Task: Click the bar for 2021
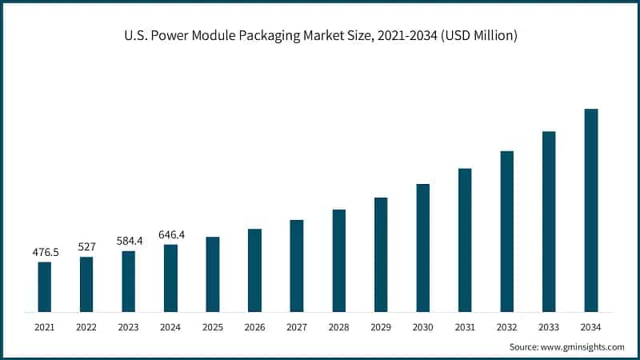tap(45, 286)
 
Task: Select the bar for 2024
tap(170, 278)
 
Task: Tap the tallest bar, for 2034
tap(590, 210)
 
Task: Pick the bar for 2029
tap(381, 254)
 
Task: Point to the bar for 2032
tap(506, 231)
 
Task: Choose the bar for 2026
tap(254, 270)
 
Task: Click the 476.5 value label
tap(45, 252)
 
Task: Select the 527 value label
tap(86, 247)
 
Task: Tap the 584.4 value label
tap(128, 241)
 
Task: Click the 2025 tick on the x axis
tap(212, 326)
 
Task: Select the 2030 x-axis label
tap(422, 326)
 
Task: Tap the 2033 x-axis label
tap(549, 326)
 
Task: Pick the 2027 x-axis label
tap(296, 326)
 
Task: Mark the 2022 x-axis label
tap(86, 326)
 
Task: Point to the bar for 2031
tap(465, 240)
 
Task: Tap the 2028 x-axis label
tap(338, 326)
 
